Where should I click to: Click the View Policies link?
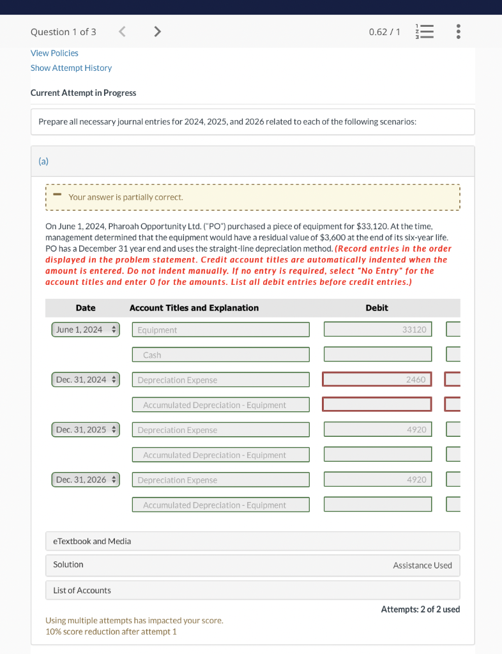pos(54,53)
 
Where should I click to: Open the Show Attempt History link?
pos(71,68)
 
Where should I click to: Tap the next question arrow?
pos(157,31)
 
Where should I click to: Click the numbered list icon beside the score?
pos(424,32)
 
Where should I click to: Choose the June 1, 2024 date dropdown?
pos(86,330)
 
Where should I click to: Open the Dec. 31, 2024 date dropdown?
pos(86,379)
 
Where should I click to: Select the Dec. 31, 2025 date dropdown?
pos(86,430)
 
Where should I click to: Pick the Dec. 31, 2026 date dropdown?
pos(86,480)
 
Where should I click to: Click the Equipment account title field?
pos(221,330)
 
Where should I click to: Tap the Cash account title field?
pos(221,354)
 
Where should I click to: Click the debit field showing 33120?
pos(377,330)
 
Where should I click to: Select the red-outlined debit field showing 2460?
pos(377,379)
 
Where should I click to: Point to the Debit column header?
pos(377,308)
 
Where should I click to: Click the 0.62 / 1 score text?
pos(384,32)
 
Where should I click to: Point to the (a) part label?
pos(43,162)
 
